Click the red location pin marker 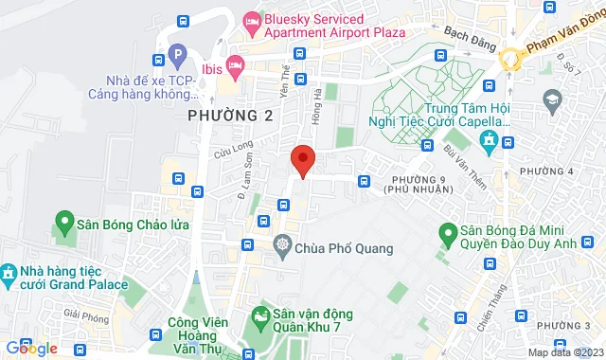click(302, 160)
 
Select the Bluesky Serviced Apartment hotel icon click(252, 20)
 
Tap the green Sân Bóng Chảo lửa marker click(65, 225)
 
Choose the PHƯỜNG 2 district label click(222, 116)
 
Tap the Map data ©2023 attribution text click(565, 352)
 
